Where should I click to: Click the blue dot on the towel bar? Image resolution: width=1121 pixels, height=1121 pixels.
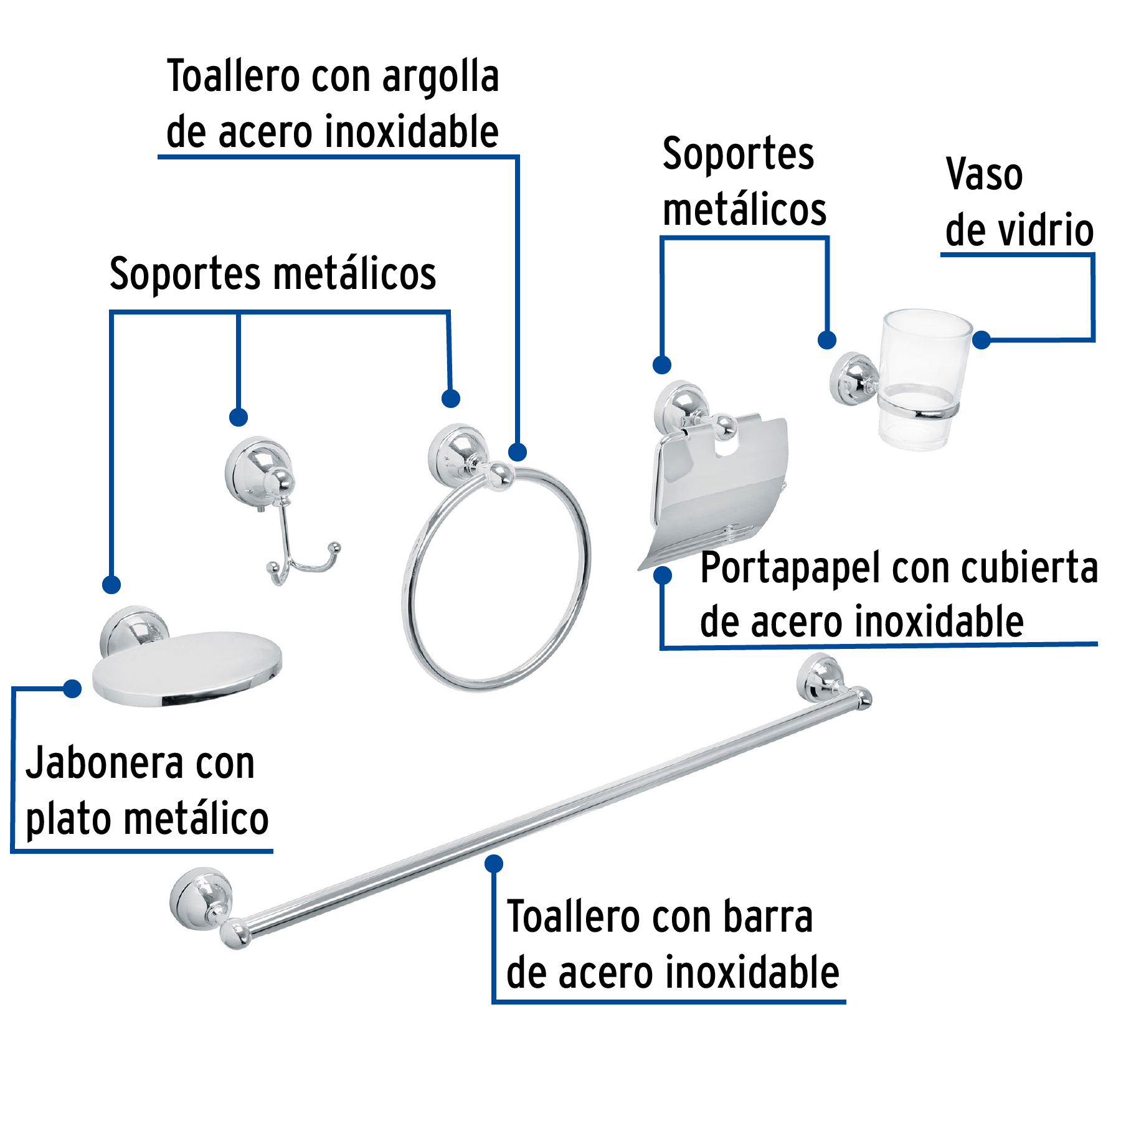click(x=494, y=864)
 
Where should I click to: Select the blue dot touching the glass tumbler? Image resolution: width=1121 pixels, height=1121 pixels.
click(x=981, y=340)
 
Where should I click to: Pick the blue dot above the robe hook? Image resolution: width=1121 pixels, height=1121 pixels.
click(x=239, y=417)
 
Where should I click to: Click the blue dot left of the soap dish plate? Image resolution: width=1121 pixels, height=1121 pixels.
click(x=72, y=689)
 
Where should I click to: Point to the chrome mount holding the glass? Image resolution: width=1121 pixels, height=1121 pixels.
click(x=853, y=379)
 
